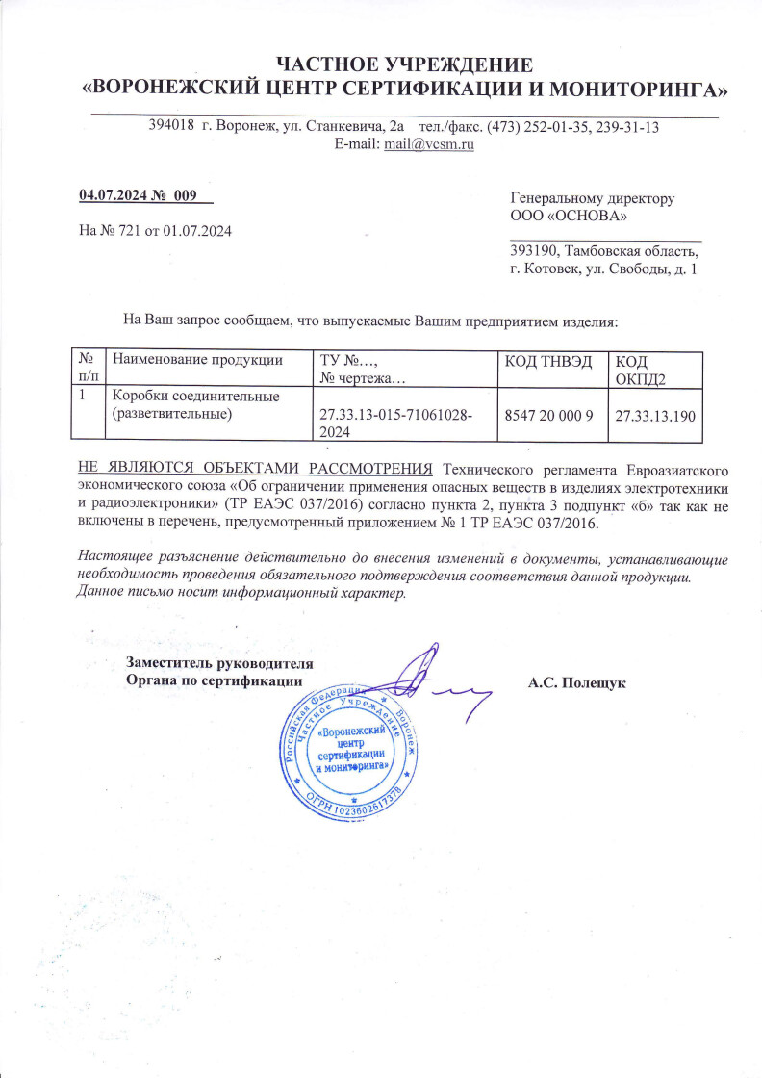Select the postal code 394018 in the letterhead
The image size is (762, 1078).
172,127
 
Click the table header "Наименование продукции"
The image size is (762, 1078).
198,360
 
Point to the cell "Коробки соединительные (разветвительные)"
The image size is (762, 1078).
196,404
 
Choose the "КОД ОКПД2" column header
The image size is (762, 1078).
635,369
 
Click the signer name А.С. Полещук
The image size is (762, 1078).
576,682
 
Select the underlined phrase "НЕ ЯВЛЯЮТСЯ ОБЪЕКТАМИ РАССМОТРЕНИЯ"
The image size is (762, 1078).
254,469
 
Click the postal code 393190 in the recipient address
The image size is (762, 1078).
537,250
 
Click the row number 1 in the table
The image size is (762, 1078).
84,396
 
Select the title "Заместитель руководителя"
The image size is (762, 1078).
220,663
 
